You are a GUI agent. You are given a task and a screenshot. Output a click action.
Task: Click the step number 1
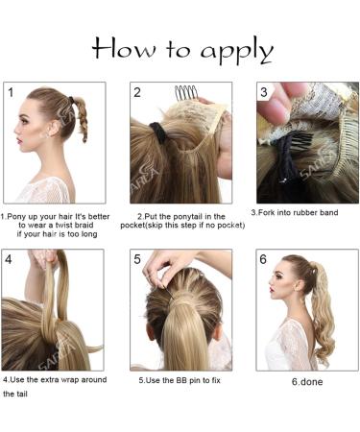point(11,92)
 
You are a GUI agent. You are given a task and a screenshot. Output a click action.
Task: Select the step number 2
point(137,92)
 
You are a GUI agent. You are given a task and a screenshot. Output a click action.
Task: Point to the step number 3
point(264,92)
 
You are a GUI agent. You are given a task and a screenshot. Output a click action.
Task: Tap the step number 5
point(137,259)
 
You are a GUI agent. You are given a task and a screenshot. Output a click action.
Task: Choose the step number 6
point(263,260)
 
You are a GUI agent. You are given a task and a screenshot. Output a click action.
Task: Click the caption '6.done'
point(308,382)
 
